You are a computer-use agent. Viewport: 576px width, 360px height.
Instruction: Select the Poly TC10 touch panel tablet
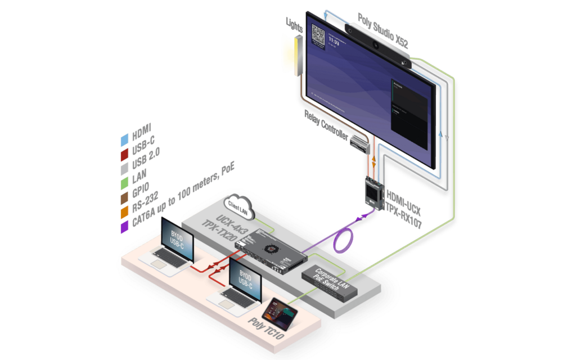coord(280,312)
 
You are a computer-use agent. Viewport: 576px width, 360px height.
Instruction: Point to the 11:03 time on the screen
coord(334,42)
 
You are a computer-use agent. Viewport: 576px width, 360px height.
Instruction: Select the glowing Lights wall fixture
coord(293,54)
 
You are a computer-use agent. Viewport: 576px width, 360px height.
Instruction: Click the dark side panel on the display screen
coord(408,112)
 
